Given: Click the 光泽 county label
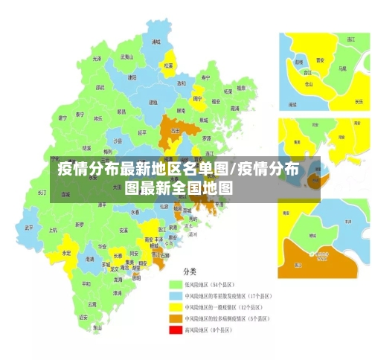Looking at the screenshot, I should [x=97, y=58].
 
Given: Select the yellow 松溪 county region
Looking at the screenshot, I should [x=169, y=65].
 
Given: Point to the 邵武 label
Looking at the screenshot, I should [x=99, y=87].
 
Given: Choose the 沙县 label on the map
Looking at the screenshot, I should [x=118, y=141].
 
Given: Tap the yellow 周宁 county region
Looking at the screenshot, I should [x=198, y=98].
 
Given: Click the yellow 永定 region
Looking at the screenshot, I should [x=66, y=253].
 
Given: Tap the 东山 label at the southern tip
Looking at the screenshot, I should [x=97, y=327].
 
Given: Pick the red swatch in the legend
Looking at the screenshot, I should [x=176, y=330].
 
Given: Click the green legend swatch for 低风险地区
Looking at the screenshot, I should [x=176, y=284].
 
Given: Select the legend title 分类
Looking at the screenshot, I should [x=191, y=271].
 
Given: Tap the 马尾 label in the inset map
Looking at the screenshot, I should [x=342, y=68].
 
